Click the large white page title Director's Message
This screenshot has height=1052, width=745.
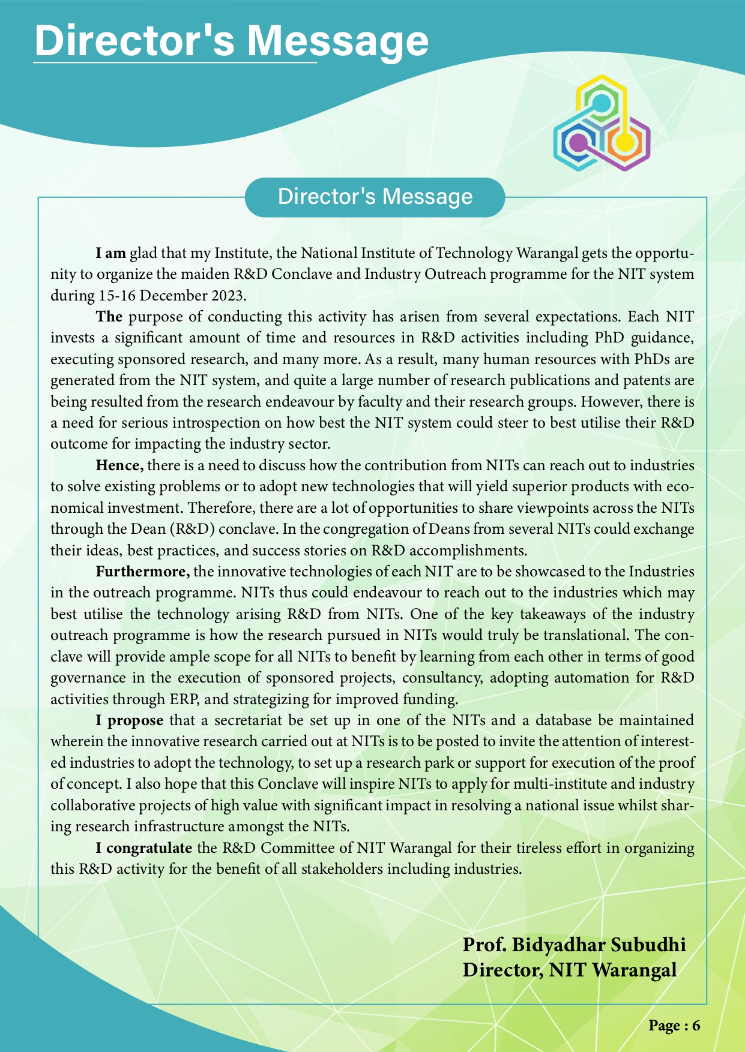pos(232,41)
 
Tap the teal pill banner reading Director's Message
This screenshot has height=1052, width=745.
pos(375,197)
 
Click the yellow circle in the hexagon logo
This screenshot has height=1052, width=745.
pos(624,142)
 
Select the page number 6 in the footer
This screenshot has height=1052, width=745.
pos(696,1025)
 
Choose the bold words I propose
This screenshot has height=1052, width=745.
pos(129,719)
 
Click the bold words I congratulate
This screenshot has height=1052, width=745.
pos(144,849)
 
